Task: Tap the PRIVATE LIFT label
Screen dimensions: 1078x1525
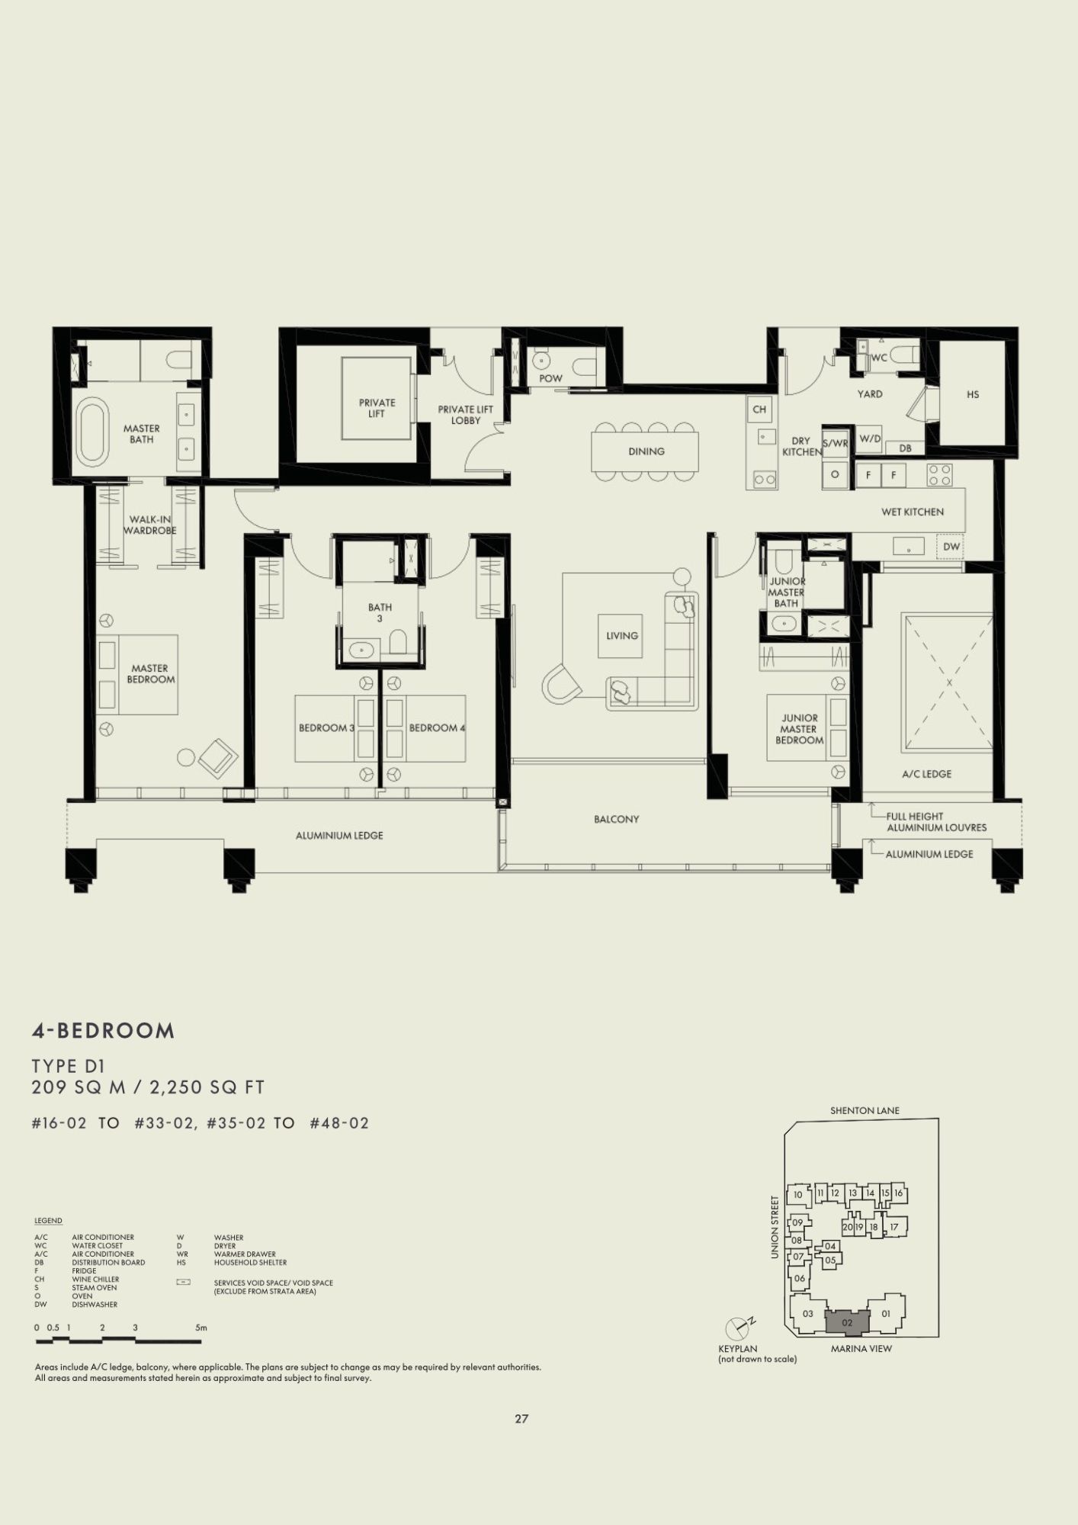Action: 377,408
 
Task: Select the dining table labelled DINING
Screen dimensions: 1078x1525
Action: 645,451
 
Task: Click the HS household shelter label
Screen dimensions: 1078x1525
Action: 973,394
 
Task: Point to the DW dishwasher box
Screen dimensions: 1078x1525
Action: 951,547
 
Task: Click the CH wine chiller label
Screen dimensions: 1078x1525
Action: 759,409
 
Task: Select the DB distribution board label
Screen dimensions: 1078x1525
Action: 905,448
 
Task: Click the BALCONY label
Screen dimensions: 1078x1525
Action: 617,819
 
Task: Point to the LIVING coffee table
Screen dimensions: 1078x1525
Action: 620,636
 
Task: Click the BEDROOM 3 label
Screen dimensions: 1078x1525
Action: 326,728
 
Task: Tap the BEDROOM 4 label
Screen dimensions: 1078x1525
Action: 437,728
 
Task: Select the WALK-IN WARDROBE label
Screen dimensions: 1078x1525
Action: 150,525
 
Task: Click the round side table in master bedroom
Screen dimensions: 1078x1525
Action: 186,757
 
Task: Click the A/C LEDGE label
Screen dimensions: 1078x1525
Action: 926,774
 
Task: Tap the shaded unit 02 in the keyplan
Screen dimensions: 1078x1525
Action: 847,1323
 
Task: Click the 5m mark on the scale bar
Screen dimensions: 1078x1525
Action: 201,1328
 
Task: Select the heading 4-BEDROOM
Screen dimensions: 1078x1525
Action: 103,1031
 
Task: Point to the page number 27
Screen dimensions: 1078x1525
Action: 521,1419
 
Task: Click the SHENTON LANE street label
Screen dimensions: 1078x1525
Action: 865,1111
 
